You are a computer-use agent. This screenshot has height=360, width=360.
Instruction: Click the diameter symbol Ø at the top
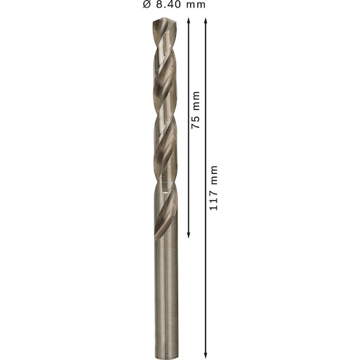point(147,4)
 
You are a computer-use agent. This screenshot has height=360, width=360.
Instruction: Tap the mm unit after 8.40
point(196,5)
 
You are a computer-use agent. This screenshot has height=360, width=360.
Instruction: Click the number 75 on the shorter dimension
point(196,122)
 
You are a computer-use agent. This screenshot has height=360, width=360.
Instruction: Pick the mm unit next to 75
point(196,101)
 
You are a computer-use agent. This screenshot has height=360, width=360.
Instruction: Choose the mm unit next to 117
point(214,175)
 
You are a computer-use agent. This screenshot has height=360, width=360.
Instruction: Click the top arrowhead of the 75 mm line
point(189,20)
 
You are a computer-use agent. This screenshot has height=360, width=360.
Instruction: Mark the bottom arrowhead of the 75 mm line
point(189,235)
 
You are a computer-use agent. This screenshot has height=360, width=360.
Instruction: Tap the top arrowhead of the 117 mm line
point(206,20)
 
